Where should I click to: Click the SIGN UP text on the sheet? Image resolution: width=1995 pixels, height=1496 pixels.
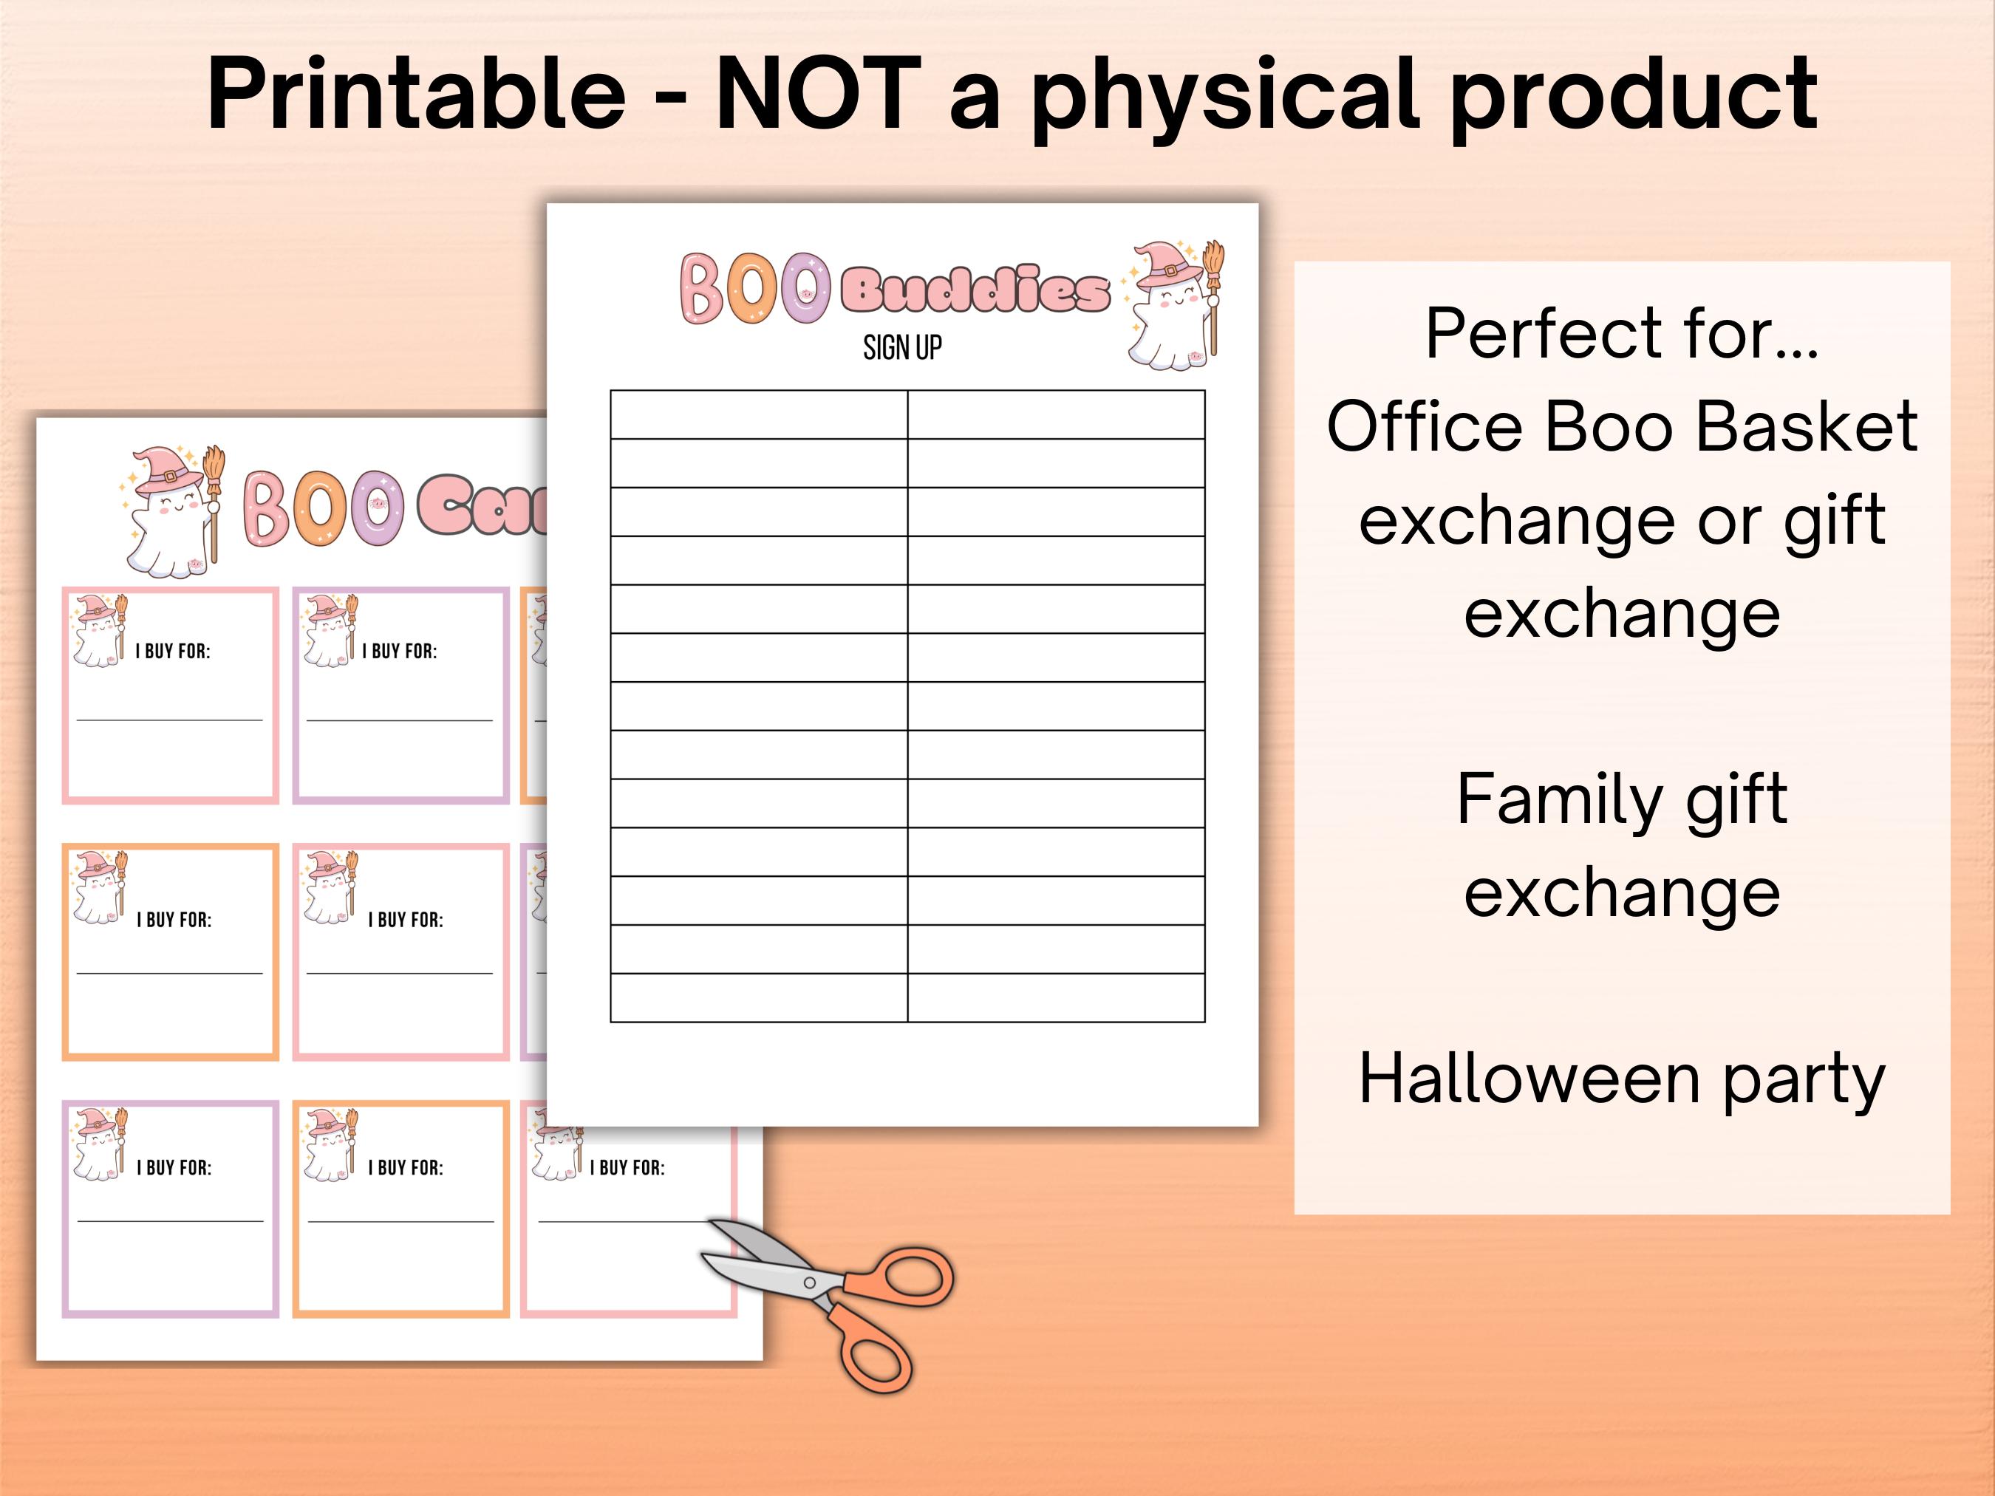click(x=902, y=347)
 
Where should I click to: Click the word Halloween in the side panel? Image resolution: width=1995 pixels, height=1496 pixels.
click(x=1529, y=1079)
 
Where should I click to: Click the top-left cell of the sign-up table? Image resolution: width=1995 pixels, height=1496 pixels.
click(x=759, y=414)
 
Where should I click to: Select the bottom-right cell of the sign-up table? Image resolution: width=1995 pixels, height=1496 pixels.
click(x=1056, y=997)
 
